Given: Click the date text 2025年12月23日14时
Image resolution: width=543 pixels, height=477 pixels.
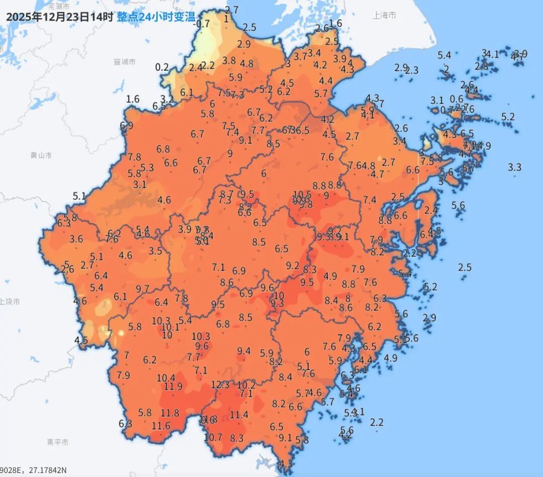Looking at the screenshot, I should click(x=59, y=17).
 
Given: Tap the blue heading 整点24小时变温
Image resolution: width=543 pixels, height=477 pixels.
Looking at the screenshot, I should click(x=156, y=17).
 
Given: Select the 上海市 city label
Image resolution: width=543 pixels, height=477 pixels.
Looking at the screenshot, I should click(x=384, y=16).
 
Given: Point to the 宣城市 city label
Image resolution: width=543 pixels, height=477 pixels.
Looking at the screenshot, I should click(x=124, y=62).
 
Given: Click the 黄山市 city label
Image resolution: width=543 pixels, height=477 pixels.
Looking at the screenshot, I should click(x=41, y=155).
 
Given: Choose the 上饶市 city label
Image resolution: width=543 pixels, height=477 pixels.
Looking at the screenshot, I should click(x=10, y=302).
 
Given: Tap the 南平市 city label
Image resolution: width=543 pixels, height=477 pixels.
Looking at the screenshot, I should click(x=57, y=442).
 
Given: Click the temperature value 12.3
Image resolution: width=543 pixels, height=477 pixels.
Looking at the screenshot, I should click(x=220, y=385).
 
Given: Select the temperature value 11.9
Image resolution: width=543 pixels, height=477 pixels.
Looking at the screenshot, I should click(x=173, y=387).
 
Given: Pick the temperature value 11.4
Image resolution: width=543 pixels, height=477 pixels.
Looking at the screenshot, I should click(x=239, y=415).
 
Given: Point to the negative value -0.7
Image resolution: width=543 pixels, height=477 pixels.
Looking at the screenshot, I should click(x=202, y=24).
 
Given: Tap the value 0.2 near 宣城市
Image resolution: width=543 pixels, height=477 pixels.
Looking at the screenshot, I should click(x=162, y=67).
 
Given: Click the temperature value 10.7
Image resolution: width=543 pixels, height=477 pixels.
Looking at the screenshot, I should click(x=213, y=437).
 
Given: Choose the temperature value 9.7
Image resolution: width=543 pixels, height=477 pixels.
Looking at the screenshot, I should click(x=143, y=289).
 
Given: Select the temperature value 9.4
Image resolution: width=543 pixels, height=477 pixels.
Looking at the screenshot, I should click(x=244, y=351).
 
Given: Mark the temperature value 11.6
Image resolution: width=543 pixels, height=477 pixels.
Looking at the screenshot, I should click(x=161, y=426).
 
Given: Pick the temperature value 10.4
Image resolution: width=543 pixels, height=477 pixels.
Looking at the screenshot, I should click(x=166, y=377).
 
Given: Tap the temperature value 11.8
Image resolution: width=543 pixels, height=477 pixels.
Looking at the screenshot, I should click(x=170, y=413).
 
